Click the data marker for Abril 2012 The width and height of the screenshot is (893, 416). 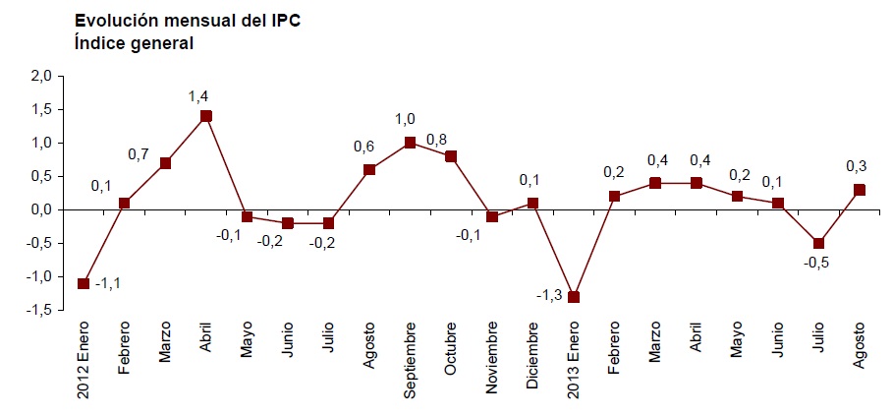pos(206,116)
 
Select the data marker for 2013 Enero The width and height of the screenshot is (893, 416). pos(575,297)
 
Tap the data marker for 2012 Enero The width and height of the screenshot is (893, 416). pos(84,283)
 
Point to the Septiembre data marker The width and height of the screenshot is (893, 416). pos(411,143)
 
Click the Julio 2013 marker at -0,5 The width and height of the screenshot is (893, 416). pos(818,243)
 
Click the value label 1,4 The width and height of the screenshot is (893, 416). pos(198,96)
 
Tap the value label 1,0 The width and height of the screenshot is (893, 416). pos(405,120)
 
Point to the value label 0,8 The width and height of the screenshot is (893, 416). pos(437,139)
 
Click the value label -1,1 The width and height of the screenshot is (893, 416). pos(108,284)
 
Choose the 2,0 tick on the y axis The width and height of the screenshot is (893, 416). pos(41,76)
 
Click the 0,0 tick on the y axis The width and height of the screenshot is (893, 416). pos(41,209)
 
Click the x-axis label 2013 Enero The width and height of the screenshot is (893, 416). pos(575,363)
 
